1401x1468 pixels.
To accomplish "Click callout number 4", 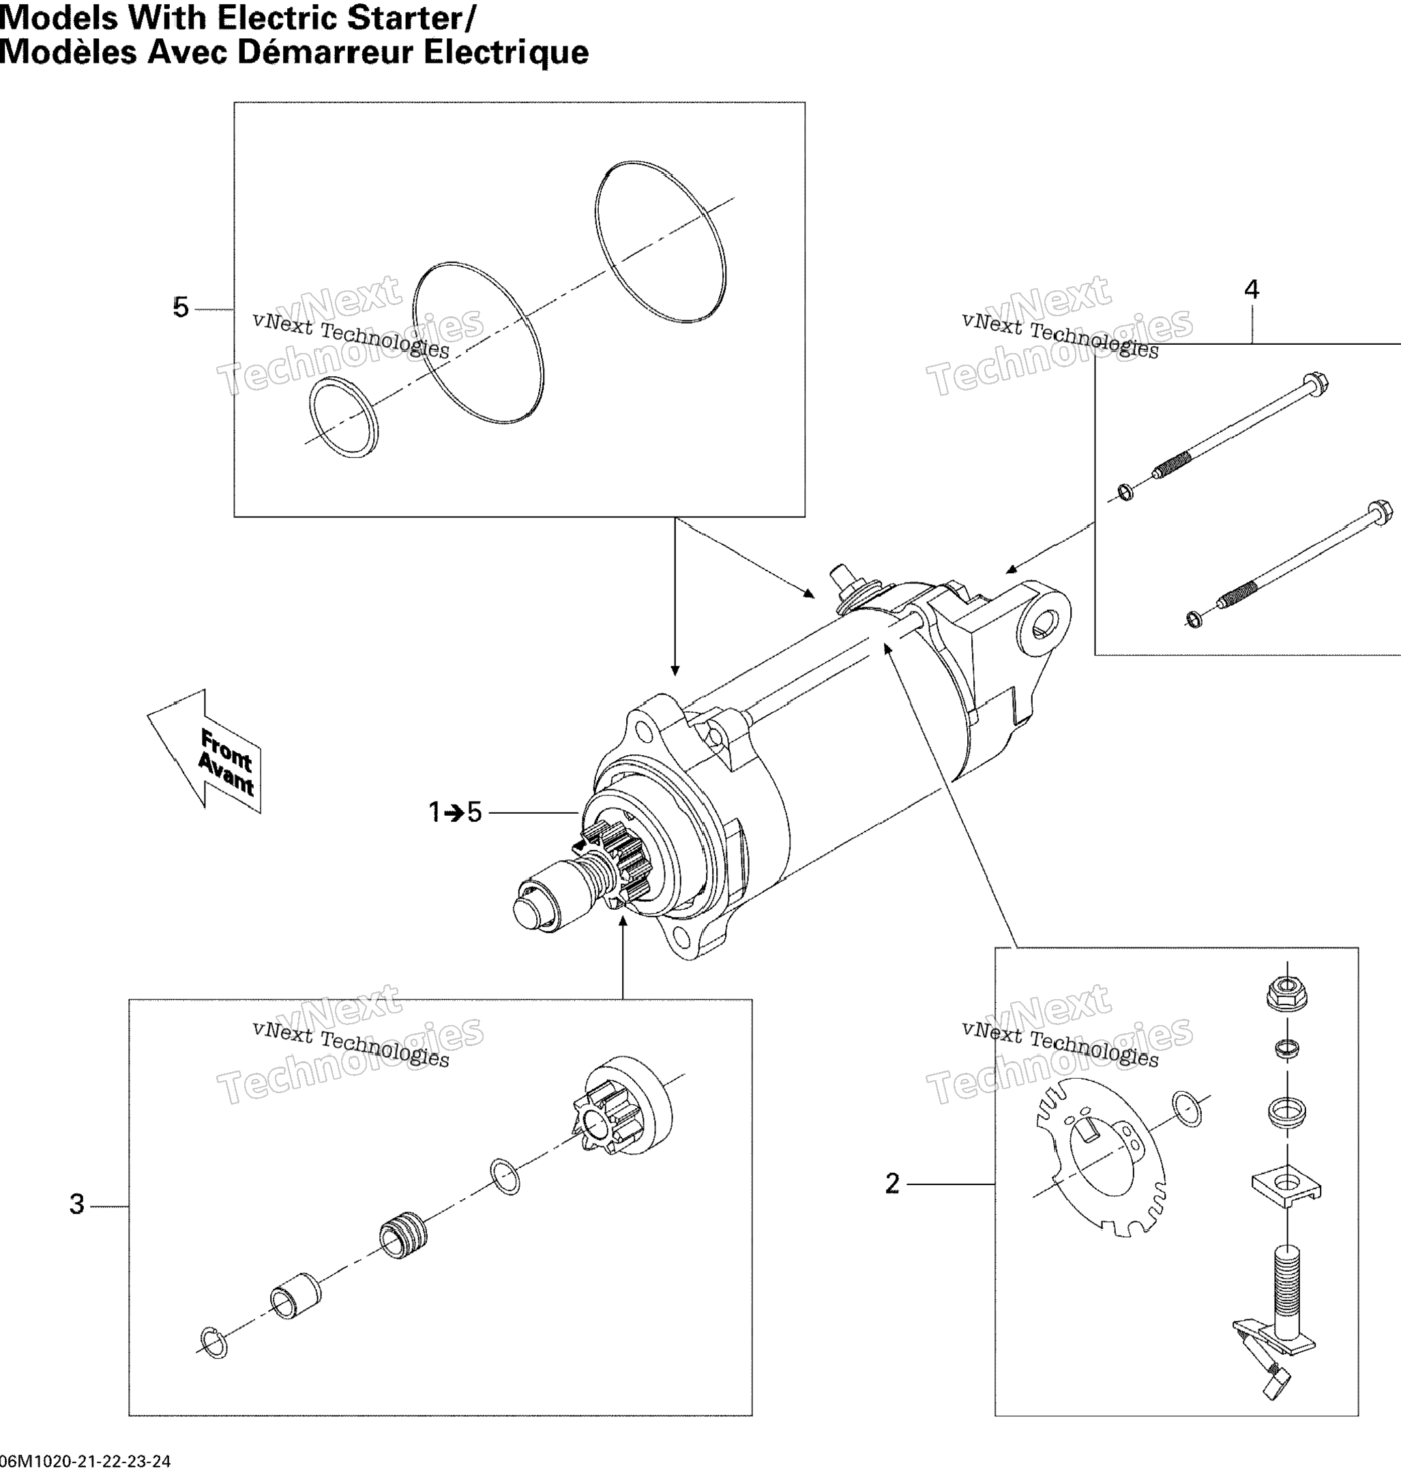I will pos(1252,290).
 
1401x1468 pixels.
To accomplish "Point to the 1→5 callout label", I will pos(455,812).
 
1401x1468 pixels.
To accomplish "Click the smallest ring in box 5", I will pos(344,418).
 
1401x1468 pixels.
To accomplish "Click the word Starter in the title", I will pos(410,18).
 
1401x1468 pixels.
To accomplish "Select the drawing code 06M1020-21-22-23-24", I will pos(86,1461).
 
